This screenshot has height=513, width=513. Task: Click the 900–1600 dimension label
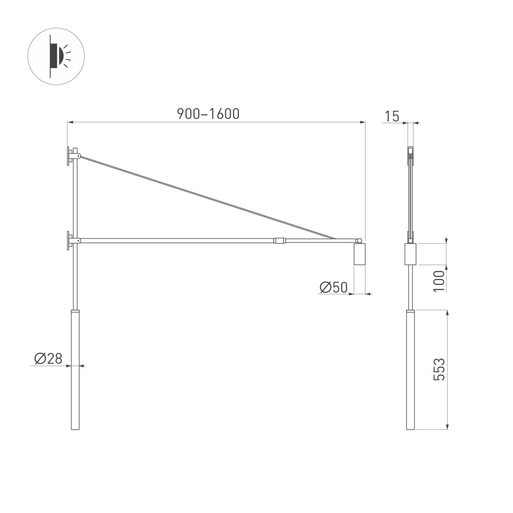(208, 114)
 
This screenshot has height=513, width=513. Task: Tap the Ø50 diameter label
(333, 288)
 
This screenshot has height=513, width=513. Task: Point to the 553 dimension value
(439, 369)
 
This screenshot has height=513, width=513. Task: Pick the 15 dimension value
(392, 116)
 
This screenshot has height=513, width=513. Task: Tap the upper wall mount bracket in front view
(69, 156)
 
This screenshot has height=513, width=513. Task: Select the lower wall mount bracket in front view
(69, 241)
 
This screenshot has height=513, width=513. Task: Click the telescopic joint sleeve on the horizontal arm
(280, 241)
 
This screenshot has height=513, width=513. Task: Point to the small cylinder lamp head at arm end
(359, 255)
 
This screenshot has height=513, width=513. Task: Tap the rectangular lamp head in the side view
(410, 254)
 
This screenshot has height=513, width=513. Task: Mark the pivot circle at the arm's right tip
(360, 241)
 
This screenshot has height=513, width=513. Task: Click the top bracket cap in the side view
(410, 150)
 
